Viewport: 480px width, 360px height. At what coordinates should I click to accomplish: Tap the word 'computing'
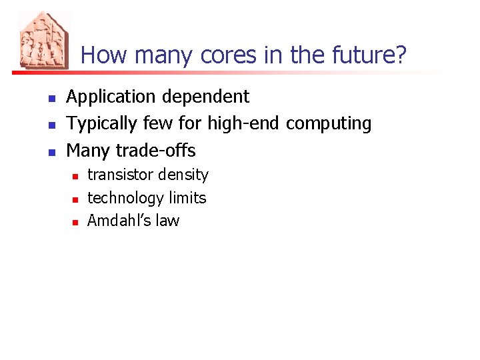coord(329,124)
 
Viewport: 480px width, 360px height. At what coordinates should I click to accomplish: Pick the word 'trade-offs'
coord(155,150)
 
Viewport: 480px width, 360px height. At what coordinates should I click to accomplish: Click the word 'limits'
coord(187,197)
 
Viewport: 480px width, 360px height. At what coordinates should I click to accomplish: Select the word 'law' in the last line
coord(167,221)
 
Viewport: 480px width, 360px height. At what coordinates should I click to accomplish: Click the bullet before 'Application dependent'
coord(51,99)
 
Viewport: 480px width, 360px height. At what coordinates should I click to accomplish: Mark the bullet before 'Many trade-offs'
coord(51,151)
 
